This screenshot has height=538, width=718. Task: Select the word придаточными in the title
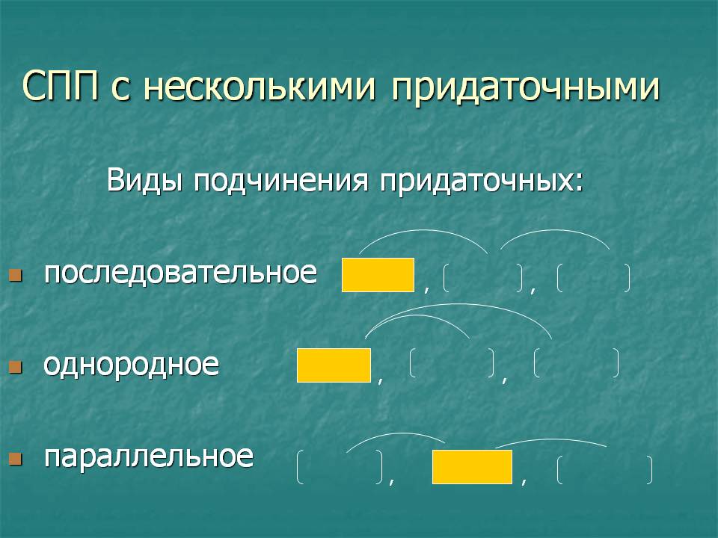point(525,89)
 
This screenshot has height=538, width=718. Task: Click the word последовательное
point(180,273)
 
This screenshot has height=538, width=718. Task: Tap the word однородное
point(132,365)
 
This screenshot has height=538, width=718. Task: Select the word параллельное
point(149,457)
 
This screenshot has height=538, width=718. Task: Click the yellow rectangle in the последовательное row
point(378,275)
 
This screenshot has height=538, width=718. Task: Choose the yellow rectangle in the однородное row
point(334,365)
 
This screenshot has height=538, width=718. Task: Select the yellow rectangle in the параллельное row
point(472,467)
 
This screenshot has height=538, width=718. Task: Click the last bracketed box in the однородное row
point(577,363)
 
